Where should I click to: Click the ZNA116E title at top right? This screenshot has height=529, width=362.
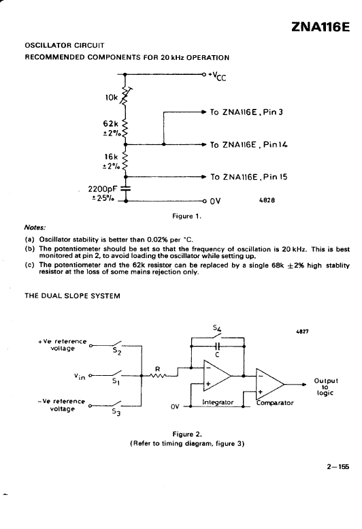(x=320, y=27)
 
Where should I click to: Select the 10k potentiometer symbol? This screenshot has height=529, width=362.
(x=125, y=96)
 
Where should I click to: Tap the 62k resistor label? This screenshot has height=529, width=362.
(x=111, y=123)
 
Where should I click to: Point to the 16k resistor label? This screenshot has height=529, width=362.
(x=111, y=157)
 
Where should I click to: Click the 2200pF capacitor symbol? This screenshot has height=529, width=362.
(x=126, y=188)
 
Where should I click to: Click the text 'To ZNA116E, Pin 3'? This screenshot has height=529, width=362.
(x=246, y=112)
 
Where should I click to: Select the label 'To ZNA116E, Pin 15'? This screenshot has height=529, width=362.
(x=249, y=177)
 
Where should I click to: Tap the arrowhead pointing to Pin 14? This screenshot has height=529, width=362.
(x=203, y=144)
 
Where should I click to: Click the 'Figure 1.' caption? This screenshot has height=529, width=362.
(x=186, y=217)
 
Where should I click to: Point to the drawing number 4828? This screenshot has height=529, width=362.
(x=267, y=200)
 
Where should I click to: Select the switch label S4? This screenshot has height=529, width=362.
(x=217, y=327)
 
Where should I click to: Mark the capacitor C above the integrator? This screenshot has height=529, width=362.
(x=217, y=346)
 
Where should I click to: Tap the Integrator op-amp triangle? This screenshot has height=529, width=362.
(x=217, y=376)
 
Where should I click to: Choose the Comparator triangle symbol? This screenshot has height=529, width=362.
(x=270, y=384)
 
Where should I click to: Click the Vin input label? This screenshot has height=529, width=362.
(x=80, y=376)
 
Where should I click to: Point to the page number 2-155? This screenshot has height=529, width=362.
(x=338, y=467)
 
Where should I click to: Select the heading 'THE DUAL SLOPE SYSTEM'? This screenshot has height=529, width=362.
(x=72, y=296)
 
